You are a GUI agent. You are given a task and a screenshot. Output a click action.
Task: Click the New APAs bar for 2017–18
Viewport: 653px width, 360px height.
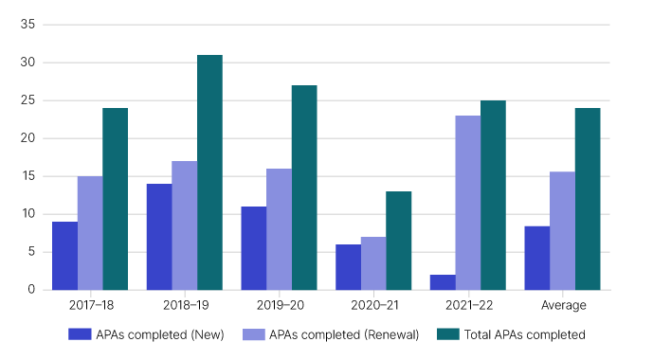64,256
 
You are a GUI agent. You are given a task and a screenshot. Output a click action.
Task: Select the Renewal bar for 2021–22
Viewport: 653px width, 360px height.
467,203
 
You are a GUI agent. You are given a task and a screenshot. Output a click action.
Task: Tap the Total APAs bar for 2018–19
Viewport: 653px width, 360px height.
209,172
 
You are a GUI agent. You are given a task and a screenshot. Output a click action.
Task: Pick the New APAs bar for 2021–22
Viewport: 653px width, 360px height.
443,282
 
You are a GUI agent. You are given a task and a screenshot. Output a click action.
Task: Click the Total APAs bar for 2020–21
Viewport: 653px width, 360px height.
398,241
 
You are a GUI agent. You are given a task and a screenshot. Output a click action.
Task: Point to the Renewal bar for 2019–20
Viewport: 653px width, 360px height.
279,229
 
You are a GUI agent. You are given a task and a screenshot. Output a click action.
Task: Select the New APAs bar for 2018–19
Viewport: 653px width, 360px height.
159,237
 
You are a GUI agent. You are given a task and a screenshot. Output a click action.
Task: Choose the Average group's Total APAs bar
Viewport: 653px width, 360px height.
588,199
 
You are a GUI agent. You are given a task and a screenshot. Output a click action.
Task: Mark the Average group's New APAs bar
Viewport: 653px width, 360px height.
537,258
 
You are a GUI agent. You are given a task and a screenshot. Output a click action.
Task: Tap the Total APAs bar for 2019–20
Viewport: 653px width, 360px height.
304,188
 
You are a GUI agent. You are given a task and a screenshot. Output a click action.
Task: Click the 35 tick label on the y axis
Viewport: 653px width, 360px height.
27,25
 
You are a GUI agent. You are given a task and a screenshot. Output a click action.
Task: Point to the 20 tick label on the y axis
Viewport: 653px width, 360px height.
27,138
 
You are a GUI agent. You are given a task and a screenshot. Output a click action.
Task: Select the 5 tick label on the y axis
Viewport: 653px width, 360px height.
31,252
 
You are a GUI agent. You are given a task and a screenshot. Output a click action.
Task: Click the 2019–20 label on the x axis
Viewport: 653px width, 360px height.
279,305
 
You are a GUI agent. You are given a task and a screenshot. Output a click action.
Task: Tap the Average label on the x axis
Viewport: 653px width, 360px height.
562,305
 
